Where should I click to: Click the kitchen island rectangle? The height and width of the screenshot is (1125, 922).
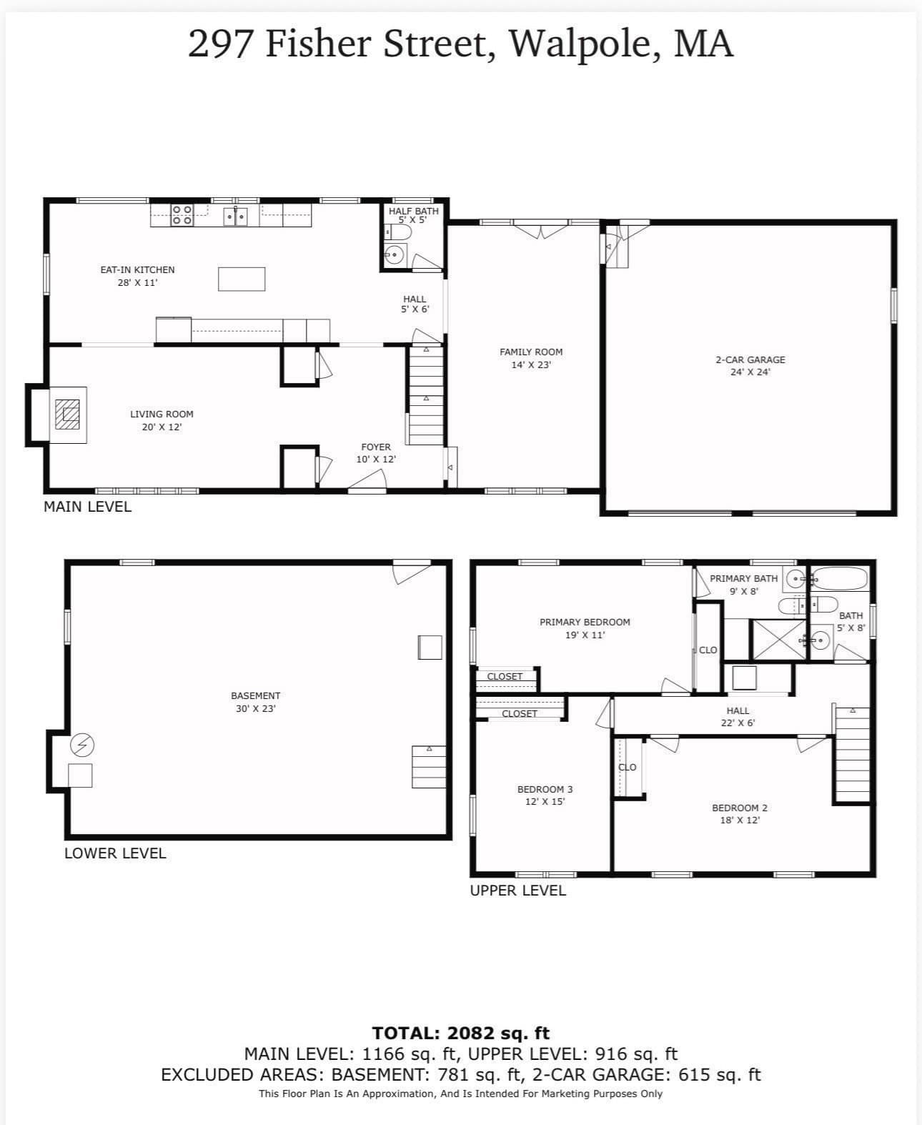[241, 279]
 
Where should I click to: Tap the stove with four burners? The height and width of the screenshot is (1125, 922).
[182, 215]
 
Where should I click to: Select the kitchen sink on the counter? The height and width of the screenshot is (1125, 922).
[234, 216]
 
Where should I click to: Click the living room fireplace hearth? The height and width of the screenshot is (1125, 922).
[68, 415]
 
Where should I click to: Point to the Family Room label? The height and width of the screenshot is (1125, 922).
[531, 358]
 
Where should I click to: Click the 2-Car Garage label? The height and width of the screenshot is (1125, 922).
[750, 365]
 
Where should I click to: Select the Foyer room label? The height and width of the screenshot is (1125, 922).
[376, 453]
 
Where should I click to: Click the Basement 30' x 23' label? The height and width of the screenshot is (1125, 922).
[256, 702]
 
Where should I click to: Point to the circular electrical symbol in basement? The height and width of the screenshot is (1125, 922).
[82, 745]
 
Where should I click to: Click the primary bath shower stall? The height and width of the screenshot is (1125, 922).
[778, 639]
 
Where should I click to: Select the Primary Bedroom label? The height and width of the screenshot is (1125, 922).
[585, 628]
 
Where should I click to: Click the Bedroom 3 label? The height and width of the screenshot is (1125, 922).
[545, 796]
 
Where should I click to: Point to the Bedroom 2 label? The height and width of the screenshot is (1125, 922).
[740, 813]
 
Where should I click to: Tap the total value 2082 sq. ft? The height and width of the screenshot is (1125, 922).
[498, 1033]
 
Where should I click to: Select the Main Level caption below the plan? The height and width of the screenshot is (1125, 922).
[87, 506]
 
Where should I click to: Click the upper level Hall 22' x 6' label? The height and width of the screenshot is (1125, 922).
[738, 716]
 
